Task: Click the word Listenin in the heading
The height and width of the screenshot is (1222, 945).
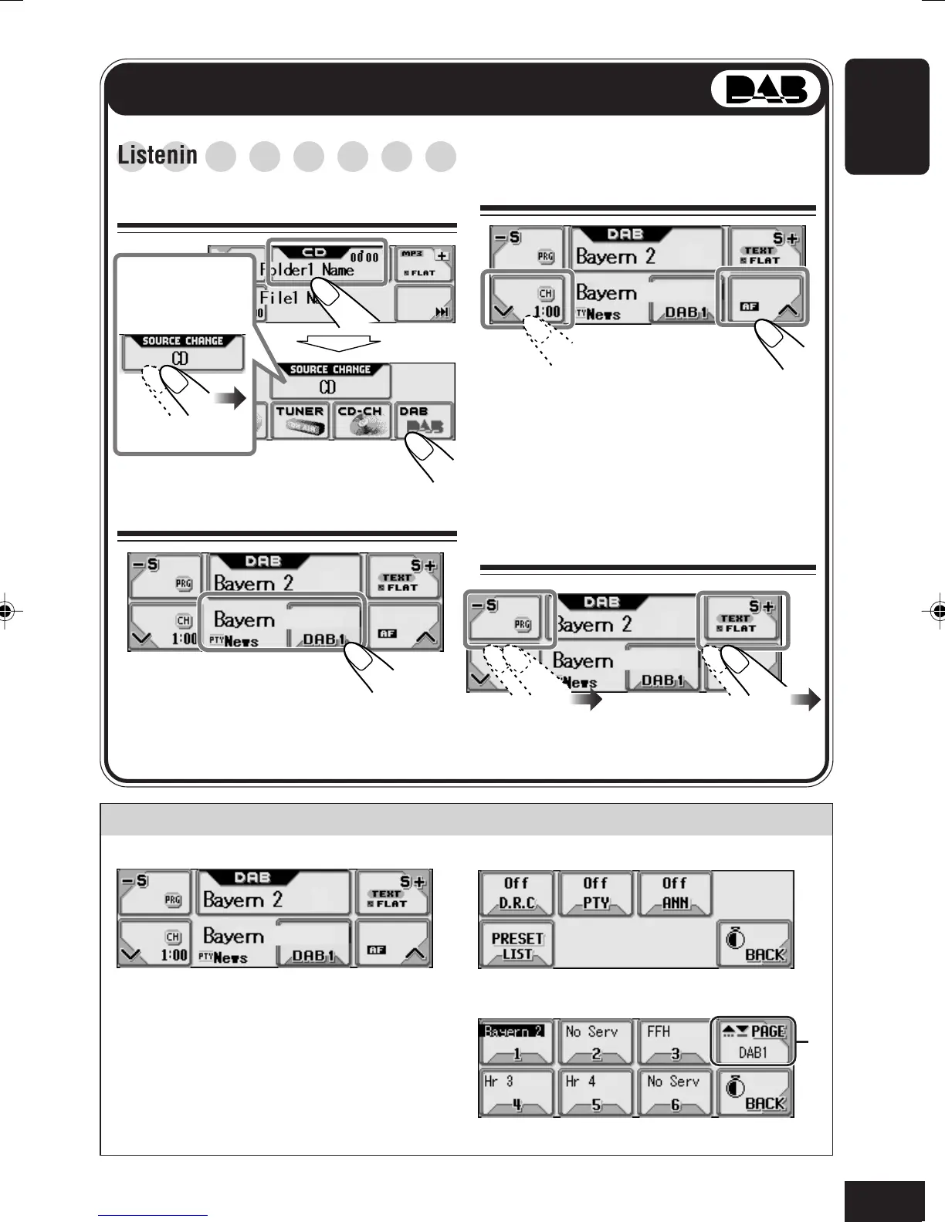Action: pyautogui.click(x=157, y=155)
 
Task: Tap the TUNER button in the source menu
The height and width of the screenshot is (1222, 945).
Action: pyautogui.click(x=300, y=420)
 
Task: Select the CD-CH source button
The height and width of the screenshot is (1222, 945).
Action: pyautogui.click(x=361, y=420)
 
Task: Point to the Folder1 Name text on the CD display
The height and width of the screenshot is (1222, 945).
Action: pyautogui.click(x=307, y=271)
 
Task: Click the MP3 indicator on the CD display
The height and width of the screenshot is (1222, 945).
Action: pyautogui.click(x=413, y=254)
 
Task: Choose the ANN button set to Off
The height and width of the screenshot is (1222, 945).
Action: pyautogui.click(x=675, y=894)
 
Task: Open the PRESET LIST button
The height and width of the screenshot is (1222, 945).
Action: pyautogui.click(x=517, y=945)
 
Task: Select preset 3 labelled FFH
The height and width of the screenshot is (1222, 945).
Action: pyautogui.click(x=675, y=1041)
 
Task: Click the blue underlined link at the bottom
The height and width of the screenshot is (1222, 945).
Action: pyautogui.click(x=153, y=1215)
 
